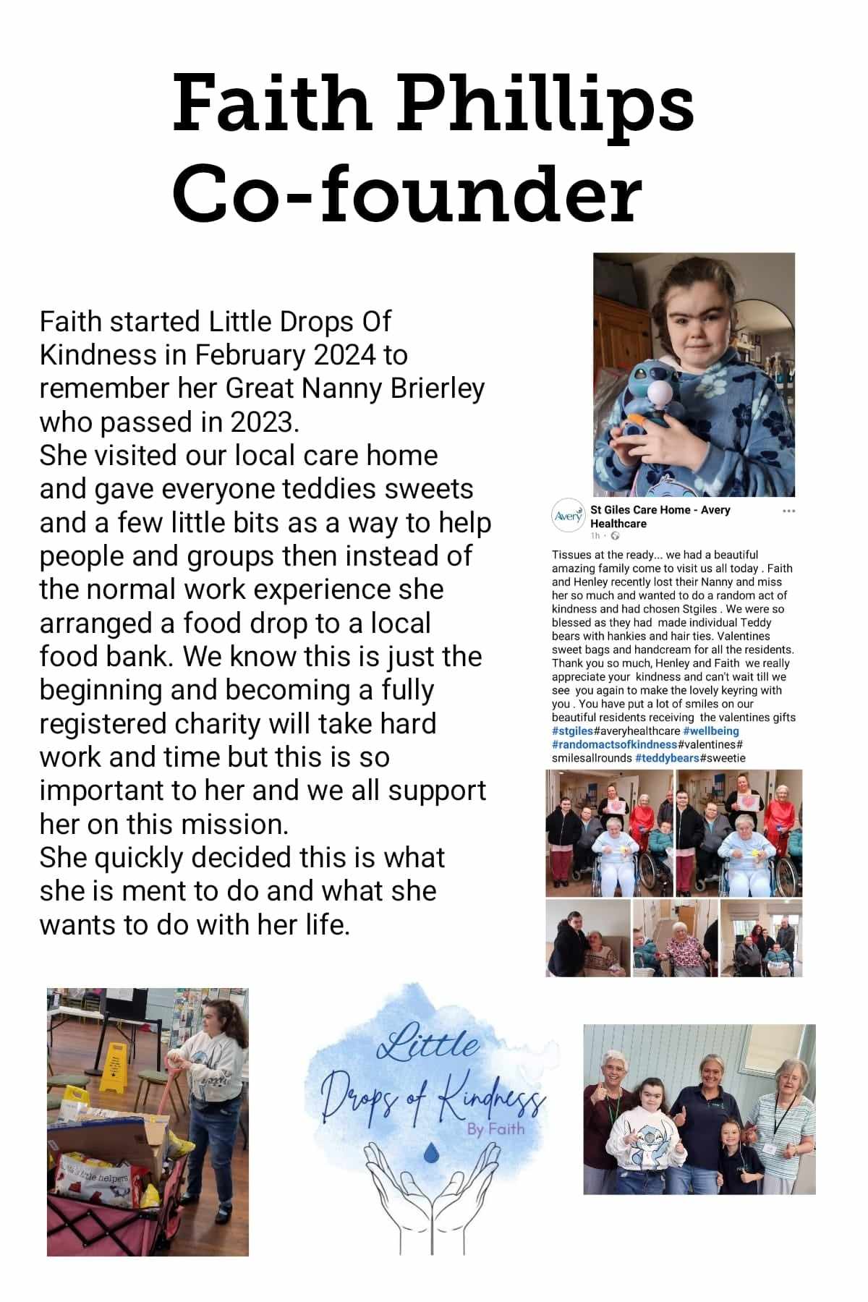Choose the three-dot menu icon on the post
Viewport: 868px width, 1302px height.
click(788, 511)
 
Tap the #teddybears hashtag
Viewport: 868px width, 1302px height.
click(667, 758)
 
